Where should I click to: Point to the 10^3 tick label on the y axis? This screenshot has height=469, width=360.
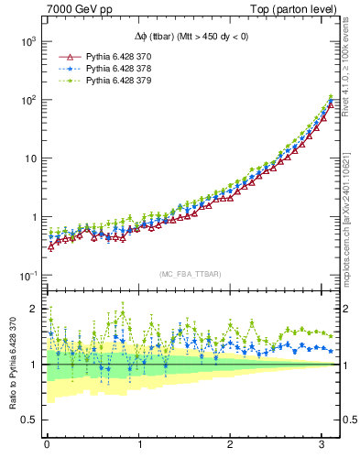[26, 41]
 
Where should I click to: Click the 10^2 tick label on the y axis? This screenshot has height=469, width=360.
[26, 100]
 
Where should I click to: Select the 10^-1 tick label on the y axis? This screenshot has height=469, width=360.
[26, 276]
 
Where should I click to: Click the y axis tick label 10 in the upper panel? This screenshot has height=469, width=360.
[28, 158]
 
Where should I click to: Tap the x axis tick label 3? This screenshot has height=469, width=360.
[322, 444]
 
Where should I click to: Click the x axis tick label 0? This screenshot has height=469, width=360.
[47, 444]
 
